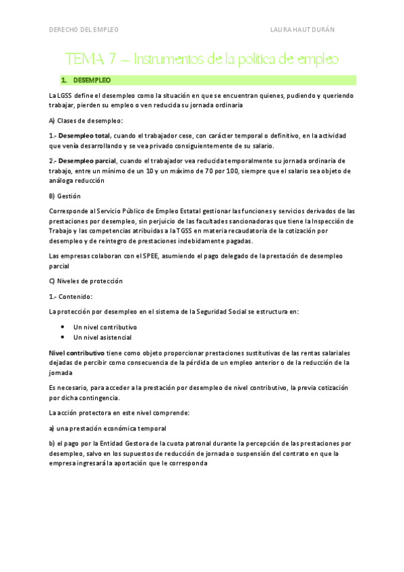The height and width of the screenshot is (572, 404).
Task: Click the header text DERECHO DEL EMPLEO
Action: coord(84,30)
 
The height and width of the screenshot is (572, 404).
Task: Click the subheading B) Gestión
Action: coord(65,196)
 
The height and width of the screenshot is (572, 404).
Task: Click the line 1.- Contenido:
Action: coord(71,296)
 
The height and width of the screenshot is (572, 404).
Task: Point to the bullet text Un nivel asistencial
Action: coord(103,337)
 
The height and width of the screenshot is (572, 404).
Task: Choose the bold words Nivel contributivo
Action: coord(76,353)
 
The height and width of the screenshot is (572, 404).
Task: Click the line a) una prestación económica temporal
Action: coord(107,428)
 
